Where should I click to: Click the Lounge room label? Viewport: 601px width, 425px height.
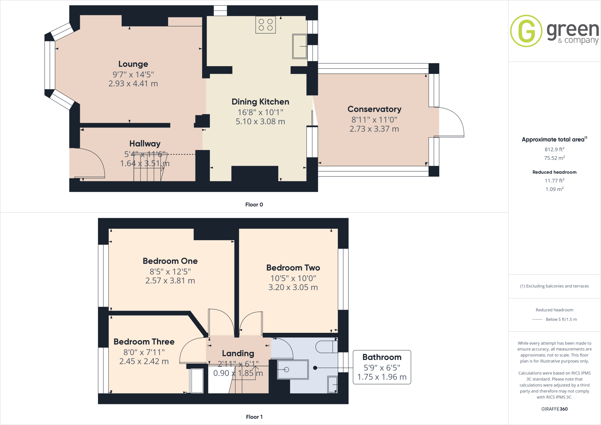coord(133,64)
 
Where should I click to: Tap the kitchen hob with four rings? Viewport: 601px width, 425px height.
coord(266,25)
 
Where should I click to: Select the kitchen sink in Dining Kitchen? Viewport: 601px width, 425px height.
coord(300,46)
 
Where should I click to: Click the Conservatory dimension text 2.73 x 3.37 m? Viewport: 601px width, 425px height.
coord(374,129)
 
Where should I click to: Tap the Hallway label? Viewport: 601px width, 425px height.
coord(145,144)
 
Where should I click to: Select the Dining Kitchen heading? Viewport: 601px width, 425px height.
coord(260,102)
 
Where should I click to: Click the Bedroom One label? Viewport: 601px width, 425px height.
coord(170,261)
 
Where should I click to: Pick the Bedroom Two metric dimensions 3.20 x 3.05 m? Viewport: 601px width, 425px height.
coord(293,287)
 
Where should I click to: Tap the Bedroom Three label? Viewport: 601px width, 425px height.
coord(144,342)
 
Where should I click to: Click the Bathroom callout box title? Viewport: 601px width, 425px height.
coord(382,357)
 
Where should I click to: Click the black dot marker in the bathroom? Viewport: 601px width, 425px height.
coord(315,368)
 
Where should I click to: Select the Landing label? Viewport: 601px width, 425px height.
coord(238,353)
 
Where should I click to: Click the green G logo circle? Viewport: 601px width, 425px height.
coord(526,31)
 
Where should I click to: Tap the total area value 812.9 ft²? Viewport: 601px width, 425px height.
coord(554,149)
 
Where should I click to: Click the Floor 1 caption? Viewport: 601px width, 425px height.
coord(254,417)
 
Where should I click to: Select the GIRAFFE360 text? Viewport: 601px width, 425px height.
coord(554,409)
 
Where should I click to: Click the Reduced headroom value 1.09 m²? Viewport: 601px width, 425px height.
coord(554,189)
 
